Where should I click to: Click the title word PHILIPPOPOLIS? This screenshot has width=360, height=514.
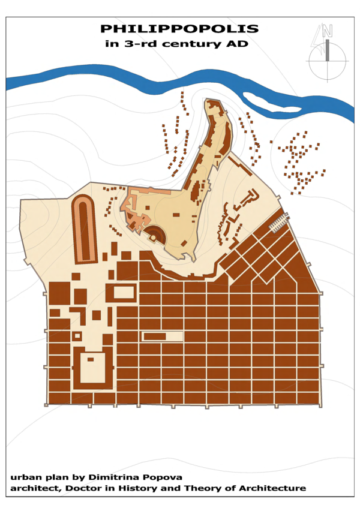point(179,29)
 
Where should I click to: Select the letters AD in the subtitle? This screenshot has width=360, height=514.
point(239,44)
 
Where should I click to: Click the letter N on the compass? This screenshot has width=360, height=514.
point(327,32)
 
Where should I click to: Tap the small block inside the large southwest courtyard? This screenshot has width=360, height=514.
point(91,359)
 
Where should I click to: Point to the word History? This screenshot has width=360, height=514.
point(143,489)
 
